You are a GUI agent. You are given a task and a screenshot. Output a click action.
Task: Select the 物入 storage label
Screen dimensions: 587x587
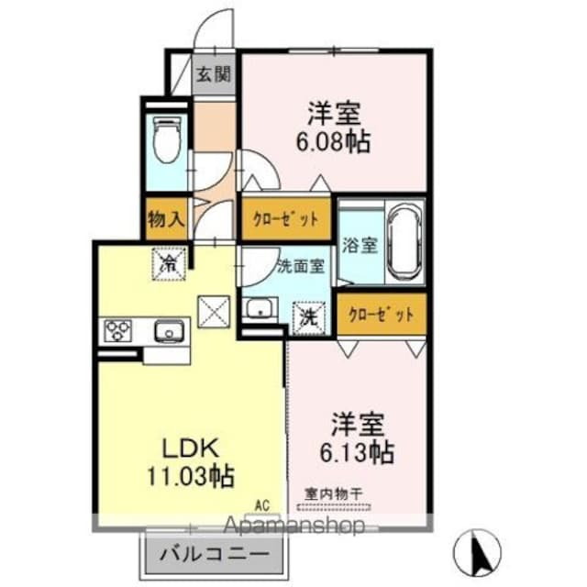(x=166, y=220)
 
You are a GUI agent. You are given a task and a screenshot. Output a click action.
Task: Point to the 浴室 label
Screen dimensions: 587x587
(x=360, y=246)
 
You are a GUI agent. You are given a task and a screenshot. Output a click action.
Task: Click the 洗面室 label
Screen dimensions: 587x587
(x=300, y=267)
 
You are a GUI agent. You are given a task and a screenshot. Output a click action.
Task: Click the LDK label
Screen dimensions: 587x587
(x=190, y=449)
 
